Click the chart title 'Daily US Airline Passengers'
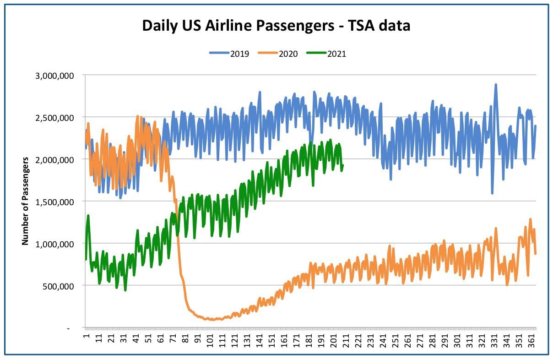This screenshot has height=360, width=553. point(238,26)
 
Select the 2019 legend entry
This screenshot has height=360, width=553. point(229,54)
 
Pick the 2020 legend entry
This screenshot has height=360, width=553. point(277,54)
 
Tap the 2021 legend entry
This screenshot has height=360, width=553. point(326,54)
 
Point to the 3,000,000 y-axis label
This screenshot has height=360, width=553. point(54,76)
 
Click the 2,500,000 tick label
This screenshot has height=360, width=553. point(54,118)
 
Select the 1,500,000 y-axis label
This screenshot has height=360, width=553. point(54,202)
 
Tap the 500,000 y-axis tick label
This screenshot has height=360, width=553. point(58,287)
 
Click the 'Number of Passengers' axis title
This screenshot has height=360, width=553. point(25,201)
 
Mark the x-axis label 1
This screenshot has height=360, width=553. point(87,336)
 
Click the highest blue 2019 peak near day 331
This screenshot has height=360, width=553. point(495,84)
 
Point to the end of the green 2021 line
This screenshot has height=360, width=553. point(343,165)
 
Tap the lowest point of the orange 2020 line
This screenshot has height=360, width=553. point(212,320)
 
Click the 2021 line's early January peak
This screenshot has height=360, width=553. point(88,215)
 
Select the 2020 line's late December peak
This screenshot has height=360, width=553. point(530,219)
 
